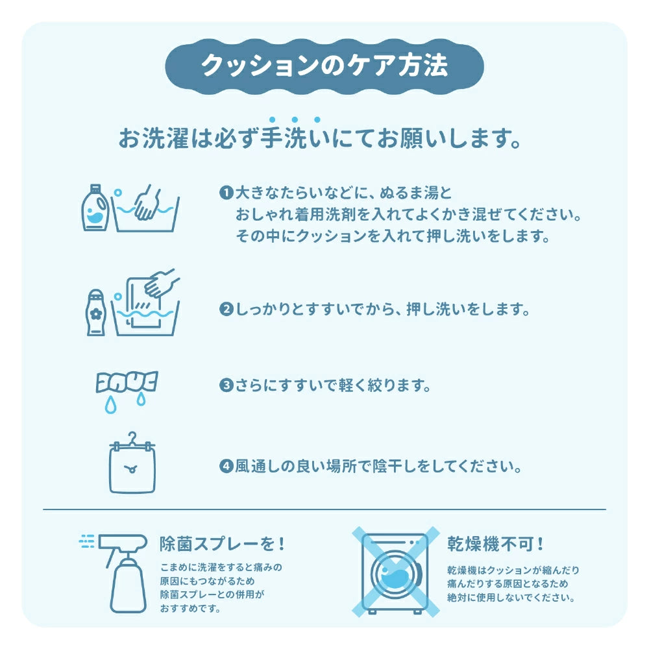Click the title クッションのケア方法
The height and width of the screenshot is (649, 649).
pos(324,65)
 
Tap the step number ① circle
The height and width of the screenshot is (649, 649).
pos(226,193)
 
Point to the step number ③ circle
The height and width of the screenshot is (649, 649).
pos(226,386)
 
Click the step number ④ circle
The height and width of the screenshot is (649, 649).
pos(226,466)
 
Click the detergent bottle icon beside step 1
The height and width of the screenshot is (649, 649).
pos(95,207)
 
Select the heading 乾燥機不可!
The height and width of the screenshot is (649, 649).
pos(495,543)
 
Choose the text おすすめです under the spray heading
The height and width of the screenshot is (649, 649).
pos(190,609)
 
